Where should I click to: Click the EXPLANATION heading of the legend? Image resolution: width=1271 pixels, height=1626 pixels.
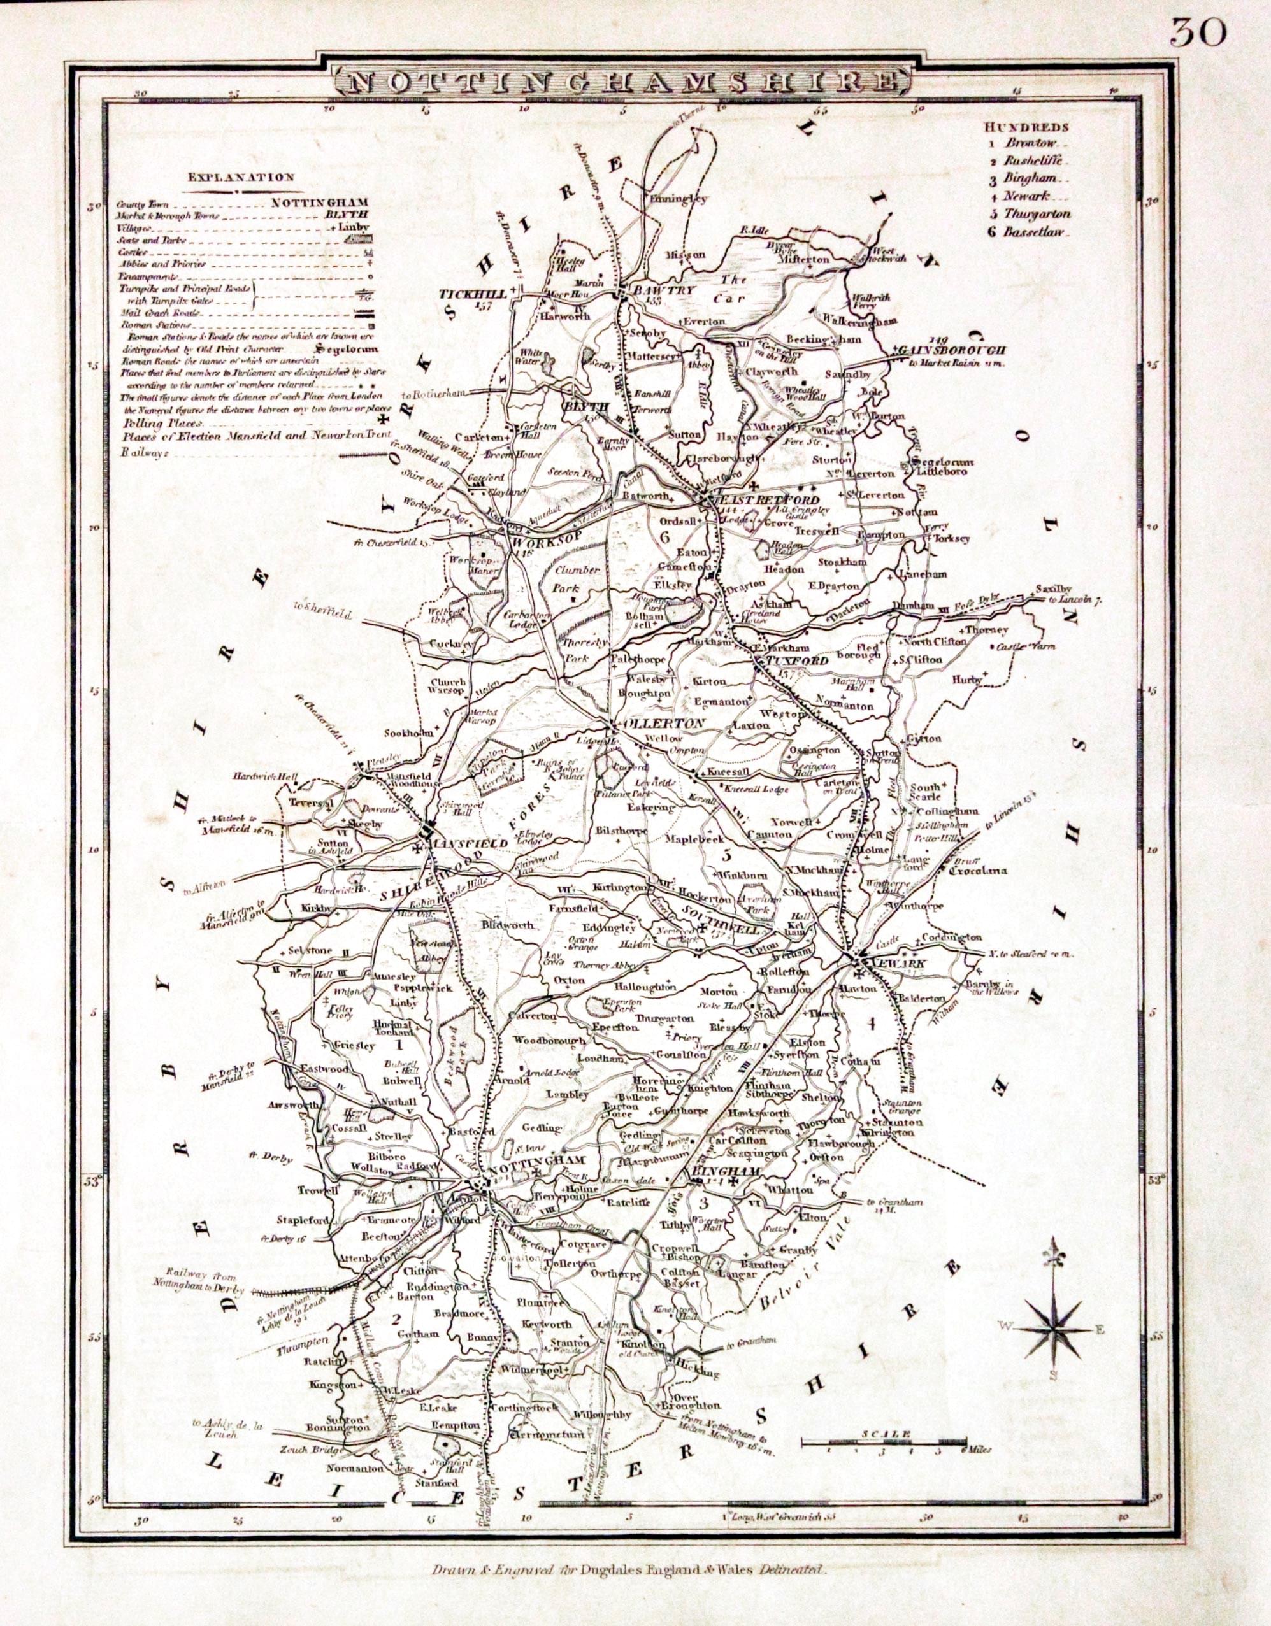point(240,177)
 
